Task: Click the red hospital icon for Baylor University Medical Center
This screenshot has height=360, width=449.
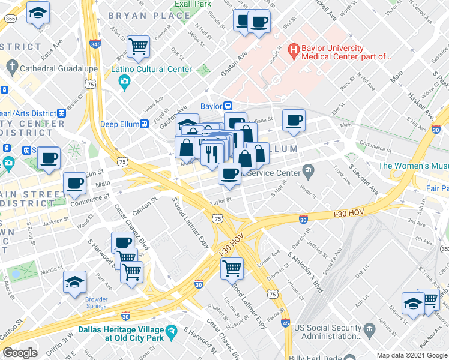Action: tap(294, 48)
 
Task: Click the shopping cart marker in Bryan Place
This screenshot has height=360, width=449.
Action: tap(138, 46)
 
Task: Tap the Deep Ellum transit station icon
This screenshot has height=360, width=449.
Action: tap(144, 124)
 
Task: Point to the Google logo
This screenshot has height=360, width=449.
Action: tap(20, 353)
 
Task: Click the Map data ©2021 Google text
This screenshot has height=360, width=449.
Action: tap(412, 355)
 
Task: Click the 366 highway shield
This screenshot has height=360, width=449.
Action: tap(10, 19)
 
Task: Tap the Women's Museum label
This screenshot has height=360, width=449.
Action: tap(413, 166)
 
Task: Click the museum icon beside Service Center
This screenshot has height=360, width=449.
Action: tap(308, 172)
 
